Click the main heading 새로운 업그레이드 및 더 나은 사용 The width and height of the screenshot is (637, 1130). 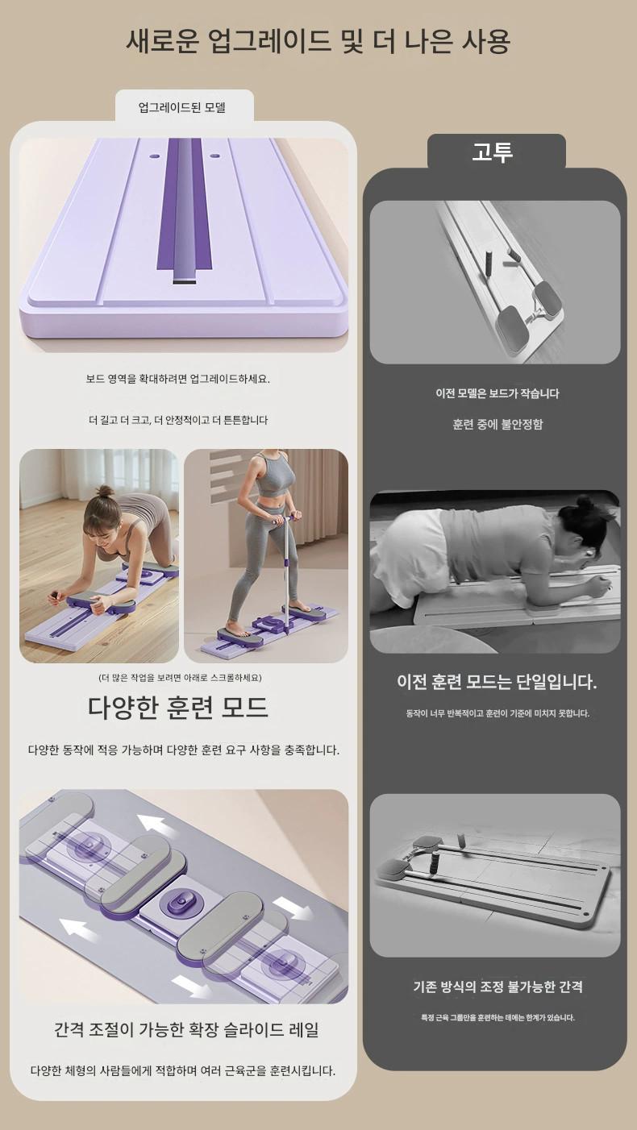click(318, 42)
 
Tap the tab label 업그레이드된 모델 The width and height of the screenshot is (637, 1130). click(181, 107)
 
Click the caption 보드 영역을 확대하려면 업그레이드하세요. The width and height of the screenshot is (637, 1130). click(177, 379)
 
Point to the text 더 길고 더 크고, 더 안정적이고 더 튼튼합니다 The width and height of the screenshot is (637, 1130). click(178, 420)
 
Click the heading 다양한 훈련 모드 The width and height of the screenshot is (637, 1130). click(177, 708)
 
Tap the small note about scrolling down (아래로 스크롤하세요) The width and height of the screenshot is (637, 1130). click(180, 678)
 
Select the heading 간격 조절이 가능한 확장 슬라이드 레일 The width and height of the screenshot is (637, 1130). click(186, 1029)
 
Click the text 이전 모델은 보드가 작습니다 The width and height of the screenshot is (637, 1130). click(498, 393)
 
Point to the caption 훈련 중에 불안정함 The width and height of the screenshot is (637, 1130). click(498, 424)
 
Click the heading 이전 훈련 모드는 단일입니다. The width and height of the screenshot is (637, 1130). click(497, 682)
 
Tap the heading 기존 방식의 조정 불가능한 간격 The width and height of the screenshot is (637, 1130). click(498, 987)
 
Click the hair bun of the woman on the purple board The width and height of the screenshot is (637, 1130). click(105, 491)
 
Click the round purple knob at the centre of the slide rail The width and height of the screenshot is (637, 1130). click(182, 900)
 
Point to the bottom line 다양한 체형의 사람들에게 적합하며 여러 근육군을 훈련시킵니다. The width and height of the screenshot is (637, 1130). click(183, 1070)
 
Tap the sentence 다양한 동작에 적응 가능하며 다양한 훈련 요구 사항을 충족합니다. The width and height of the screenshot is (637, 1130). click(184, 750)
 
